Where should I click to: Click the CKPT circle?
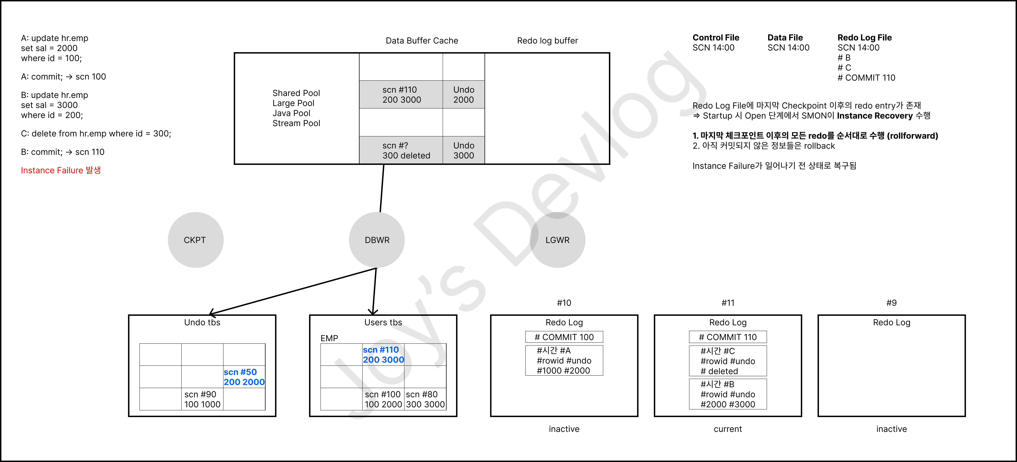pos(195,240)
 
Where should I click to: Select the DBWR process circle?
pos(377,240)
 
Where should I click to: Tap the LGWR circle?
pos(557,240)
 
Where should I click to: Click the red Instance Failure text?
pos(61,170)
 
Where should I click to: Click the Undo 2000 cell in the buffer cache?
pos(463,95)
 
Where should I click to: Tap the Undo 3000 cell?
pos(463,151)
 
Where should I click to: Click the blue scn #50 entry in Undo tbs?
pos(244,377)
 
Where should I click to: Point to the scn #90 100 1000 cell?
pos(202,399)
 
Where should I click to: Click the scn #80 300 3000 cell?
pos(425,399)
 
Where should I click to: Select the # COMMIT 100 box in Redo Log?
pos(564,337)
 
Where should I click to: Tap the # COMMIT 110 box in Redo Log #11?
pos(728,337)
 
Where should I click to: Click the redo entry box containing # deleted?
pos(728,361)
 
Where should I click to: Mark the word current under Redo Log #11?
pos(728,429)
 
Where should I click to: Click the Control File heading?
pos(716,38)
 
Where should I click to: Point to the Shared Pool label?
pos(296,93)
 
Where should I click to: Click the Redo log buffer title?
pos(547,41)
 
